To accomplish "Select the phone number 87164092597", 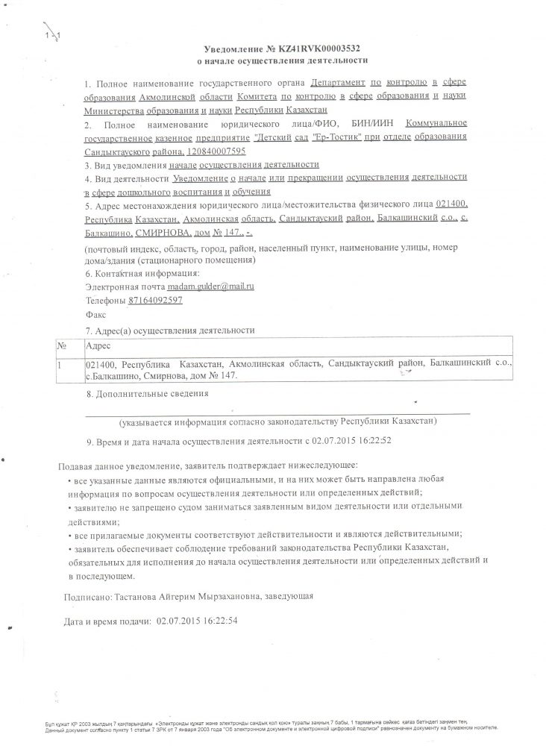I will click(155, 301).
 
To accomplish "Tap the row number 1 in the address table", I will click(60, 363).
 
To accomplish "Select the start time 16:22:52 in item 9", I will click(371, 440).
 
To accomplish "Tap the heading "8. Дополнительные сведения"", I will click(148, 393).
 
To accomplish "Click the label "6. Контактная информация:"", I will click(138, 273).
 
